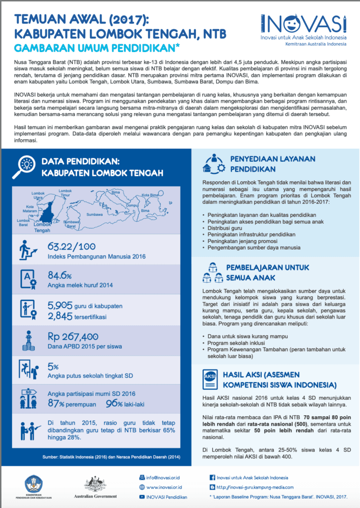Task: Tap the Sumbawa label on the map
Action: click(x=94, y=215)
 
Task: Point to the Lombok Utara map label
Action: click(x=38, y=194)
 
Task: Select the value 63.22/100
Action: click(x=72, y=247)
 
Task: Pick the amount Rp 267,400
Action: click(x=73, y=336)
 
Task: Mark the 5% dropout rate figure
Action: click(x=53, y=366)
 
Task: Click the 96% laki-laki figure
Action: click(x=116, y=403)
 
